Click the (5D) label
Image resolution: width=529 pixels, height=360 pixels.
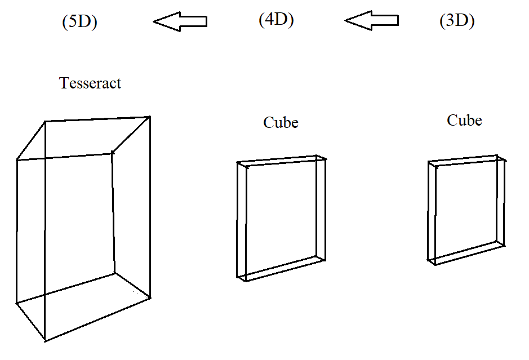coord(79,23)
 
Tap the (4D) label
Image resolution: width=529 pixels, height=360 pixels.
coord(276,20)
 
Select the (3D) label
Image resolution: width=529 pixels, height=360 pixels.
coord(457,21)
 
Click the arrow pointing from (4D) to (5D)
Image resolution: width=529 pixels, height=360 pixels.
coord(180,22)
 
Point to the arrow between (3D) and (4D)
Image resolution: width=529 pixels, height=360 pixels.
coord(371,21)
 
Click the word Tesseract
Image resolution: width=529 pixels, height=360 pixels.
coord(90,83)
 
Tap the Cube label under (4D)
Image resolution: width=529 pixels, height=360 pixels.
coord(281,122)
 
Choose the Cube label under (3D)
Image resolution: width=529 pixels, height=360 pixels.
coord(464,120)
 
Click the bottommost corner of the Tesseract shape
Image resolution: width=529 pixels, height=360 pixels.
coord(45,341)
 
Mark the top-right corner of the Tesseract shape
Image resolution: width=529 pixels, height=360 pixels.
coord(150,117)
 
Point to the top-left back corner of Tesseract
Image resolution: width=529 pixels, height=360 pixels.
coord(45,121)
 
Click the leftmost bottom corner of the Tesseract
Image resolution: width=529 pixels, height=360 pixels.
coord(16,303)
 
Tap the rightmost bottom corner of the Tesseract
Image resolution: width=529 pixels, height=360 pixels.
coord(150,297)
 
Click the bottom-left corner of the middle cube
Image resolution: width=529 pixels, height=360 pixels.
coord(238,277)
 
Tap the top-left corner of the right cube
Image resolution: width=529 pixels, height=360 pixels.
coord(429,162)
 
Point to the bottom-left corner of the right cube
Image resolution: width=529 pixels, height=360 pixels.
coord(429,261)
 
